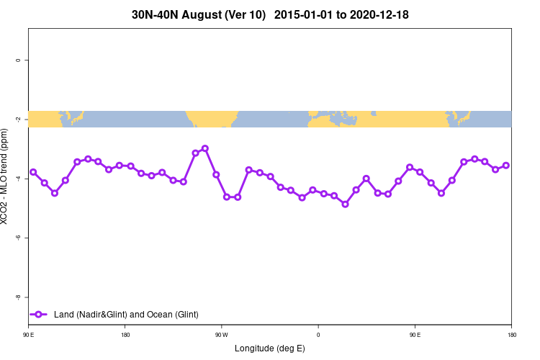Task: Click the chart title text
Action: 270,14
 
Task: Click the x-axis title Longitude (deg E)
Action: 270,348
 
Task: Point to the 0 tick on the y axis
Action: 17,60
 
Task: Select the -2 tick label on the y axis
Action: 17,120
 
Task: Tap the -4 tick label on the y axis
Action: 17,179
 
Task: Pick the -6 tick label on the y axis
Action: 17,238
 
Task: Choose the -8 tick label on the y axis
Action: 17,297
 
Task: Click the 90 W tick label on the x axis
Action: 221,334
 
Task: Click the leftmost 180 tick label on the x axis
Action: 125,334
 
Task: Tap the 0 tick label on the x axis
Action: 318,334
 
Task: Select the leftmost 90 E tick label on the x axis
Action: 29,334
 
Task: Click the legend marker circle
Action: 40,315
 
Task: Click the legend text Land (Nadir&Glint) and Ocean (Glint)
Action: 126,315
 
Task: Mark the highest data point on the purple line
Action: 205,148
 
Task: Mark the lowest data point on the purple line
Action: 345,204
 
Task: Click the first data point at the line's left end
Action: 33,172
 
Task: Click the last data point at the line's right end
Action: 506,165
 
